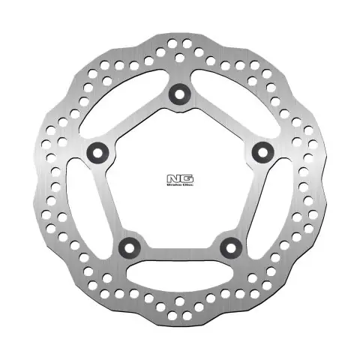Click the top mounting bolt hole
coord(179,93)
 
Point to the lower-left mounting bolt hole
coord(129,246)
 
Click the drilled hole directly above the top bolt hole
coord(179,56)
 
